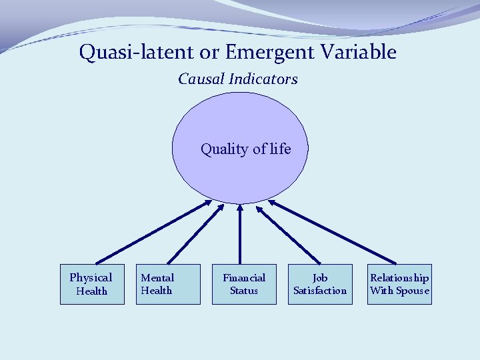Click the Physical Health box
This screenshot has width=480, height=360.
point(92,284)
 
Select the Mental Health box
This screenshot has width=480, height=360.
point(168,284)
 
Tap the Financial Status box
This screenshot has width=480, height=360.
point(244,284)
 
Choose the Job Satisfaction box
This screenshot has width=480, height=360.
point(320,284)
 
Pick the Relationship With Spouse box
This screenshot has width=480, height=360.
point(399,284)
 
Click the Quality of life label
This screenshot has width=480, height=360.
point(246,149)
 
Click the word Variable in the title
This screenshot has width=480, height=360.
point(361,52)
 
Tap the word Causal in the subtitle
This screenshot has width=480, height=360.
point(201,79)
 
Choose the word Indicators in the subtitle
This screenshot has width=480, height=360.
point(263,79)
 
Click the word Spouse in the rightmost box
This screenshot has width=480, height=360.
point(413,291)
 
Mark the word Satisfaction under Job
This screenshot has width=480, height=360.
point(320,291)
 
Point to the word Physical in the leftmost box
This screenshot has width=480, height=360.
point(91,277)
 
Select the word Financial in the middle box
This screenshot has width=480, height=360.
point(244,277)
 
